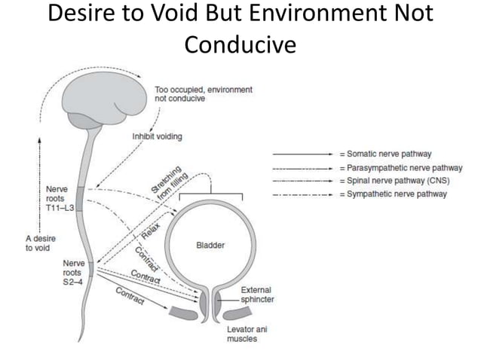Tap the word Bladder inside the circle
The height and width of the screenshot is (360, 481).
[210, 246]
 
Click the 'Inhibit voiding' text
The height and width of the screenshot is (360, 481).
[157, 136]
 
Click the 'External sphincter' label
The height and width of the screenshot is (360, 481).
[256, 294]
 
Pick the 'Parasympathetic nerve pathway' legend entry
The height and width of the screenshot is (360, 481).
[400, 167]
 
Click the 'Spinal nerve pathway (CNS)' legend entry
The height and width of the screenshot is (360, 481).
[395, 181]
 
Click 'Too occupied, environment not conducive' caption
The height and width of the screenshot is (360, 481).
[203, 94]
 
